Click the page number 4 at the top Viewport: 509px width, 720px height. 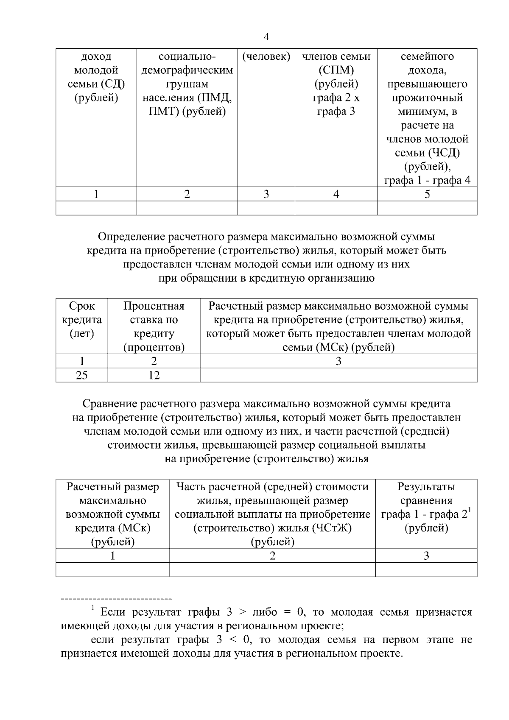266,37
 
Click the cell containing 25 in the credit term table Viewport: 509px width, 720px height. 81,375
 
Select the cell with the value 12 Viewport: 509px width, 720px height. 154,375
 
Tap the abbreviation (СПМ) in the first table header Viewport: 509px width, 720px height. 336,70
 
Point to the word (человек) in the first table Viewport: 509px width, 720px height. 266,56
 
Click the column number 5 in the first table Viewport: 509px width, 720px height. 427,194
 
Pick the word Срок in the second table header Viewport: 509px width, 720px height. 81,306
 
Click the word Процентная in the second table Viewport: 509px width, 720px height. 154,306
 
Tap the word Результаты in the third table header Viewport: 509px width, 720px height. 426,487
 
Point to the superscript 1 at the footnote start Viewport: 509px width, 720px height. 93,609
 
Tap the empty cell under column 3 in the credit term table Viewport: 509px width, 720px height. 338,375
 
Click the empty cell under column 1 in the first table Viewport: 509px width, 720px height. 96,208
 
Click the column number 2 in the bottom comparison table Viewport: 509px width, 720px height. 272,556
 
